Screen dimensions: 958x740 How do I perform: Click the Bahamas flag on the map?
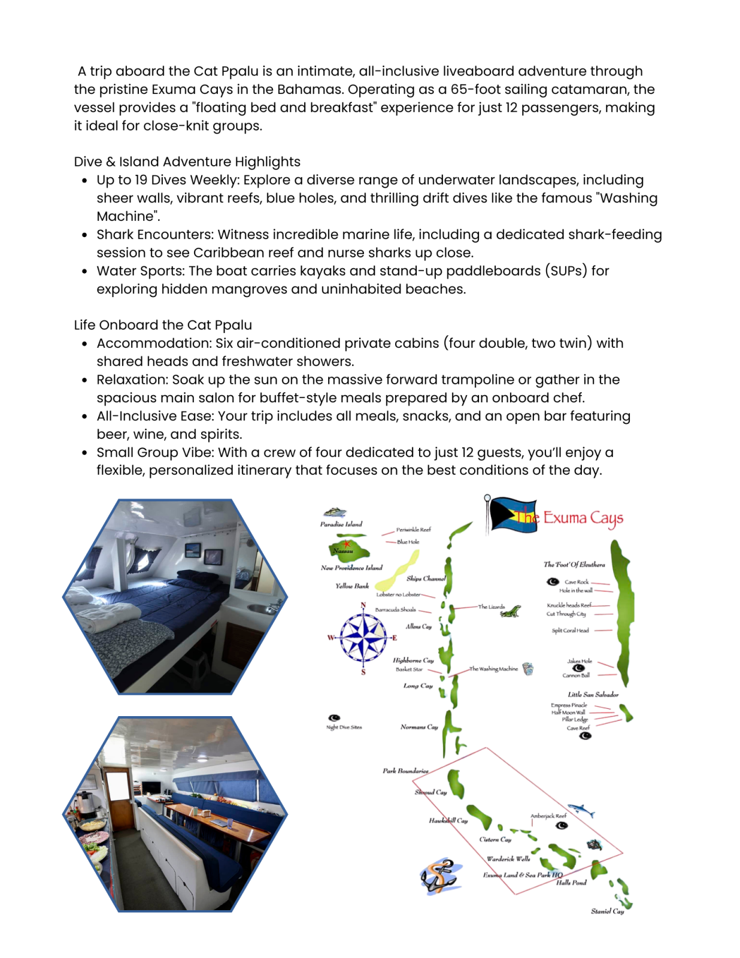[x=512, y=515]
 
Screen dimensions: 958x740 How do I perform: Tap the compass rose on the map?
[x=362, y=638]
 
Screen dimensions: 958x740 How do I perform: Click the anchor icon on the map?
[x=441, y=876]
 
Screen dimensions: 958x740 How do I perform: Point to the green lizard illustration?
[x=511, y=611]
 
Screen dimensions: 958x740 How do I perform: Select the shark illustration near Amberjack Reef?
[x=581, y=811]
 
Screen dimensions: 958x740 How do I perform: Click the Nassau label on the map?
[x=343, y=550]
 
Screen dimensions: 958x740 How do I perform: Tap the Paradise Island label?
[x=341, y=524]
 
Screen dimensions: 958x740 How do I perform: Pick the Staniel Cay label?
[x=607, y=911]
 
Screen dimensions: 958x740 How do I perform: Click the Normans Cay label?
[x=419, y=727]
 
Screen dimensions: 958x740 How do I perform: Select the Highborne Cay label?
[x=413, y=660]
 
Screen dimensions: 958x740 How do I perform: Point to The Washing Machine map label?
[x=493, y=669]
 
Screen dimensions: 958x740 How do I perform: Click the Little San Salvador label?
[x=593, y=695]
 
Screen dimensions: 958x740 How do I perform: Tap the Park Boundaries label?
[x=405, y=771]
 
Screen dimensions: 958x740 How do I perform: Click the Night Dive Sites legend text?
[x=344, y=727]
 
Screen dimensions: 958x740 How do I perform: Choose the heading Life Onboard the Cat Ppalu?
[x=163, y=325]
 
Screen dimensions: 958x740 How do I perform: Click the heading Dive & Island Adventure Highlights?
[x=187, y=162]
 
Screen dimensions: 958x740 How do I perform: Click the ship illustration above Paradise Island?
[x=335, y=513]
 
